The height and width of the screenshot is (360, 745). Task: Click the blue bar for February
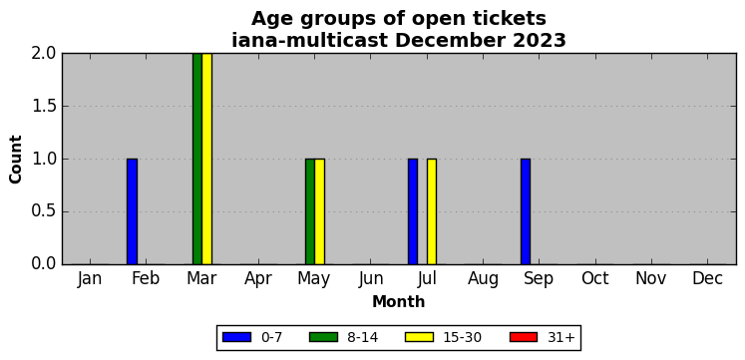coord(132,211)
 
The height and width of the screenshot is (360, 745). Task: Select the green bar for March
coord(197,159)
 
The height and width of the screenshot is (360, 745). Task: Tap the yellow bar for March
coord(206,159)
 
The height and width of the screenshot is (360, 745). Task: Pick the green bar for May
coord(310,211)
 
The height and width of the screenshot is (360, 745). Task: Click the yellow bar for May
coord(320,211)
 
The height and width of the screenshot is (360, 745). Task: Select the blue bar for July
coord(413,211)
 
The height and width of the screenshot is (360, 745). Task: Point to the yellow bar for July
coord(432,211)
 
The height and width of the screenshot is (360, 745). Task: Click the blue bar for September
coord(526,211)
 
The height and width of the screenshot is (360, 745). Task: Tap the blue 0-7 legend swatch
coord(236,337)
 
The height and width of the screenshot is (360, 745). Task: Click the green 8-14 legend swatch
coord(323,337)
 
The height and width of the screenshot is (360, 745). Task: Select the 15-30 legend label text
coord(463,338)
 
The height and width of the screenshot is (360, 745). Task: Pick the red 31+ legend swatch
coord(524,337)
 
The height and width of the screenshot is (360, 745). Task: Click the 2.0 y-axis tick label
coord(44,53)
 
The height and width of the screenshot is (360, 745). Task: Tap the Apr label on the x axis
coord(258,279)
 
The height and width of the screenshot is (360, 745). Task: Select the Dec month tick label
coord(707,279)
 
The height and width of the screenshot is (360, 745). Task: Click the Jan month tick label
coord(90,279)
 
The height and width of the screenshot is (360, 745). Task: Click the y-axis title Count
coord(16,160)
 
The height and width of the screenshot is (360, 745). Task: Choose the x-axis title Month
coord(399,302)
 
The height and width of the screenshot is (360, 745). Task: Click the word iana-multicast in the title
coord(310,40)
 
